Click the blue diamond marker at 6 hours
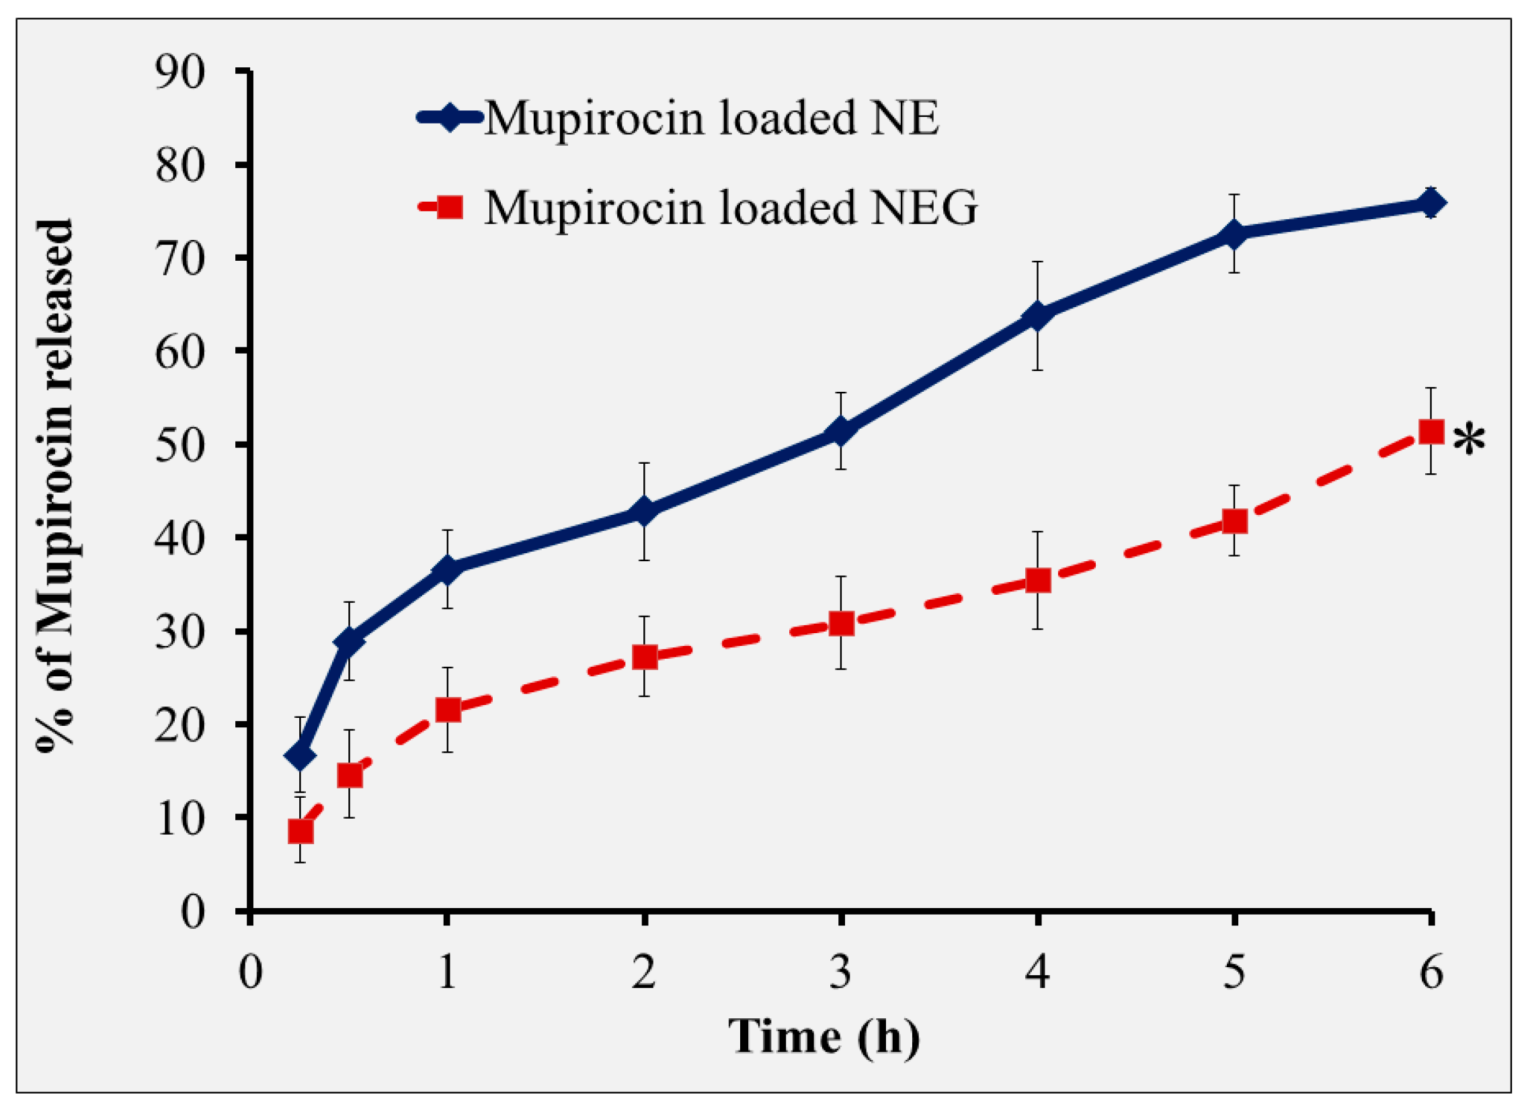1431,203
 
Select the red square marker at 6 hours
1431,432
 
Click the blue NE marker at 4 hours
1038,316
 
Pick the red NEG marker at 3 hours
841,624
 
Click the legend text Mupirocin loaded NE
711,118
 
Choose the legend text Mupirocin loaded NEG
731,207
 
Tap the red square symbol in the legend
449,207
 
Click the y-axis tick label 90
179,72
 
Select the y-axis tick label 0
192,913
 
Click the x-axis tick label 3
841,972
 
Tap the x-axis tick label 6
1431,972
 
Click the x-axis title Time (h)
824,1036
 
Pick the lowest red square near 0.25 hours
300,831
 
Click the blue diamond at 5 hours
1234,234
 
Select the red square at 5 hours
1234,521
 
